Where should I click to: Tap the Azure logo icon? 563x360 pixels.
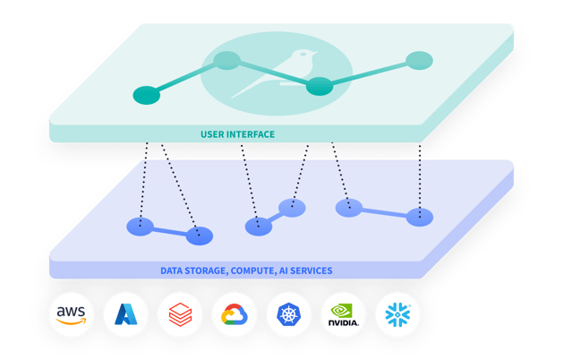click(125, 313)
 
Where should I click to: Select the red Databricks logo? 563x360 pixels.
click(181, 314)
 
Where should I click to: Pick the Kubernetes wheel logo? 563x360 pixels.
click(289, 314)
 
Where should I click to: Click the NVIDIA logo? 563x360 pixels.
click(344, 314)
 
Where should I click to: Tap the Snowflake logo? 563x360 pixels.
click(397, 313)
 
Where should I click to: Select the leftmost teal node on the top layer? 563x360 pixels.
click(145, 94)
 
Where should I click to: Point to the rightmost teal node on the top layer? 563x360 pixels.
click(418, 61)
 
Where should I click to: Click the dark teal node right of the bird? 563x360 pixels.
click(320, 87)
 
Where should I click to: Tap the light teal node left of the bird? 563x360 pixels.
click(227, 61)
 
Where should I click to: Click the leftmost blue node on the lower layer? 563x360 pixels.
click(139, 227)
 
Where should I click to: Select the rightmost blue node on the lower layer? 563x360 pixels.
click(420, 217)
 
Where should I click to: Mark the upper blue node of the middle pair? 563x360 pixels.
click(292, 208)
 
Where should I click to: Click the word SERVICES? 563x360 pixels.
click(312, 270)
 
